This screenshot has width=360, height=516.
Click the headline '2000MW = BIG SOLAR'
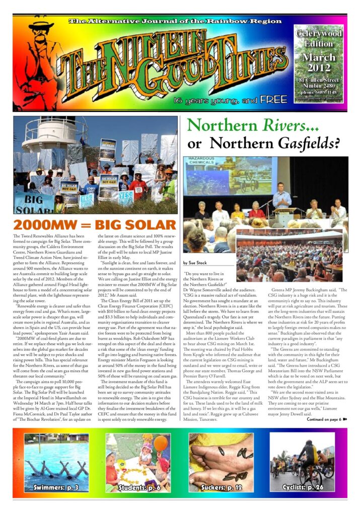point(95,224)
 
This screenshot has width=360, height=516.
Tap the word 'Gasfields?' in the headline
point(305,144)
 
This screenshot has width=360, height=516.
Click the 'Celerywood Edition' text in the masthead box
point(319,38)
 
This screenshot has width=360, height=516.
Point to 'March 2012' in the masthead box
point(319,62)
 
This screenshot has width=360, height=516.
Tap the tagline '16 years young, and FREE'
point(237,99)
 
